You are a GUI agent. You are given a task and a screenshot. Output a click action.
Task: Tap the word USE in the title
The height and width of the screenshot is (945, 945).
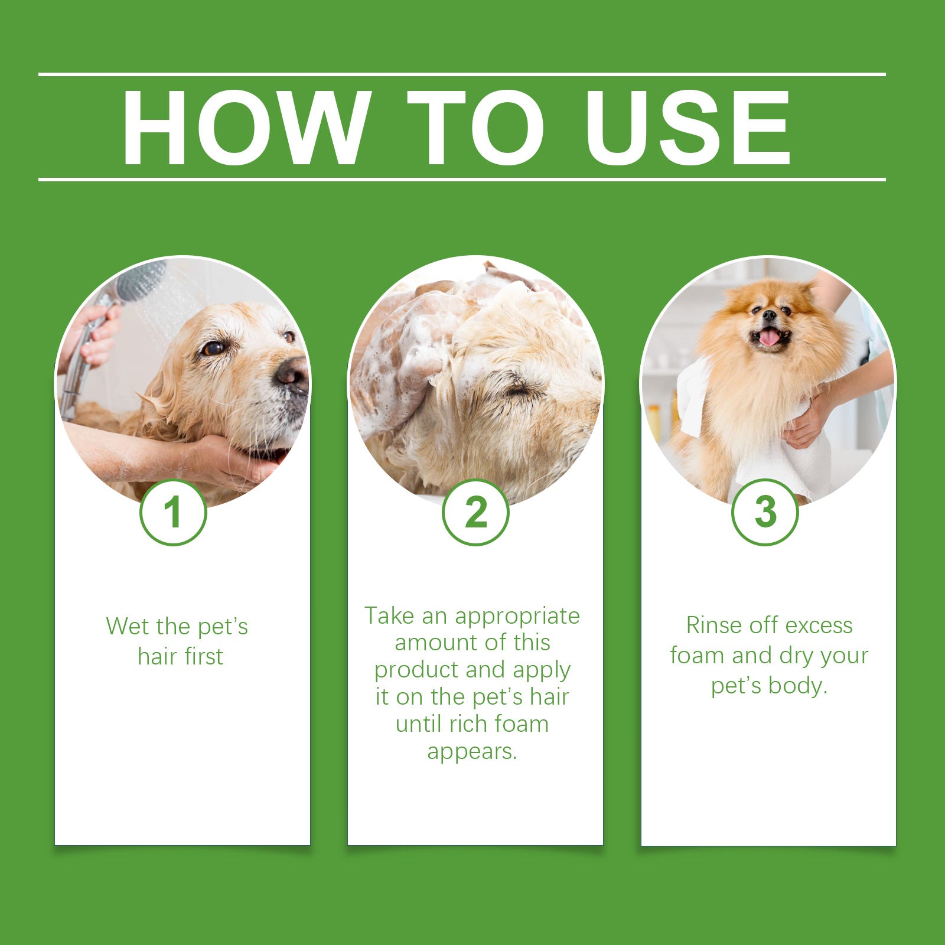687,128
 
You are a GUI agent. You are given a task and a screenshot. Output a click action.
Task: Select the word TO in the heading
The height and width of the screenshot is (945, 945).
476,128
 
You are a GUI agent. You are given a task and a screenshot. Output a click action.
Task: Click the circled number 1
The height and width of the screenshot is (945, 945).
173,512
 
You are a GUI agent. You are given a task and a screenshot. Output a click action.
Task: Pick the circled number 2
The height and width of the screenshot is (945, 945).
475,512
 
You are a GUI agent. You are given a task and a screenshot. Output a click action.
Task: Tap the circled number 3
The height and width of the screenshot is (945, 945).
765,512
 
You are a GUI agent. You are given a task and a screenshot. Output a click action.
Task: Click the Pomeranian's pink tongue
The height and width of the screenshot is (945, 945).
769,337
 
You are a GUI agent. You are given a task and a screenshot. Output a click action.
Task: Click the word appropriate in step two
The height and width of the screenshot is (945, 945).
517,616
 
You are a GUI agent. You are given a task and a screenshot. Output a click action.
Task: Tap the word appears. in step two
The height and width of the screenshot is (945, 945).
472,751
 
